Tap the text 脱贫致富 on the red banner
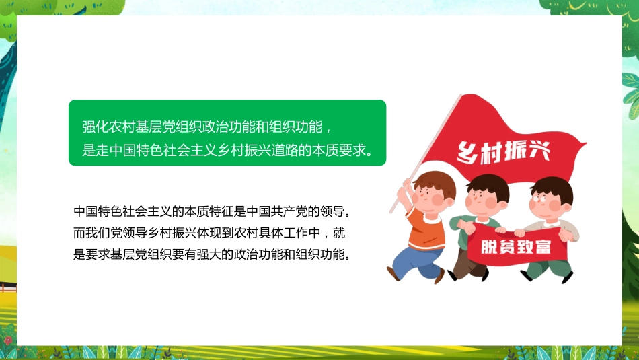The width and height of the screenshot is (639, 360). [x=515, y=246]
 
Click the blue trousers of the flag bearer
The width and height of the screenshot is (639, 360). [x=410, y=259]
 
